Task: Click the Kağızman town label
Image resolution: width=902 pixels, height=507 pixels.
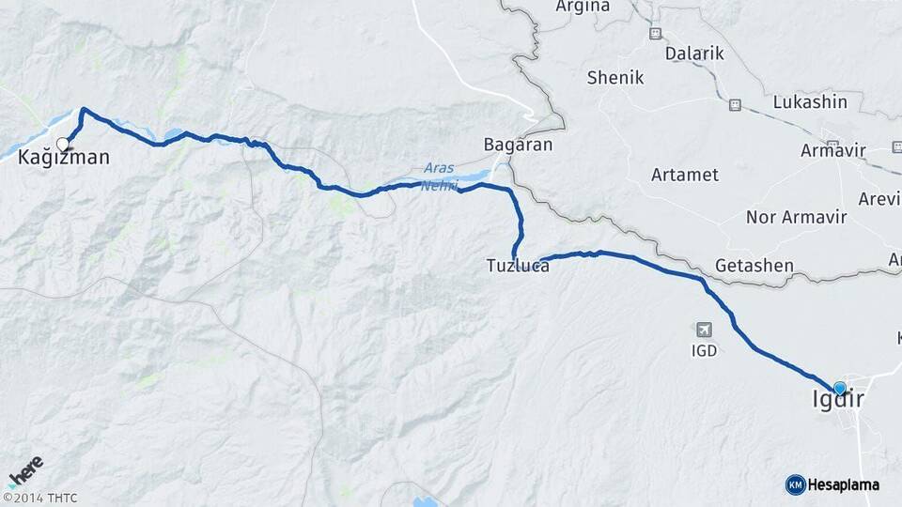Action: (x=64, y=159)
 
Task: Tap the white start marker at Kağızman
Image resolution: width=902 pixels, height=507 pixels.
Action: (x=63, y=144)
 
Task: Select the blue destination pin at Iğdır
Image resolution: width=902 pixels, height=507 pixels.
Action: (x=839, y=387)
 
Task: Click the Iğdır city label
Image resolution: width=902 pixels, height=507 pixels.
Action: (x=837, y=401)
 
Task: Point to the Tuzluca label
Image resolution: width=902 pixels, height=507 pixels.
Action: (x=518, y=267)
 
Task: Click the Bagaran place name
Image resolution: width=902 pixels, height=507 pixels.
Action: (x=517, y=146)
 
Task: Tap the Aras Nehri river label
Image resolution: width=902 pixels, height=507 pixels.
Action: (x=439, y=176)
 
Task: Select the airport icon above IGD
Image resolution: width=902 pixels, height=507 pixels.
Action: (x=704, y=330)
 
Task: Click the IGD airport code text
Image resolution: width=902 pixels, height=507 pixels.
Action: (x=704, y=351)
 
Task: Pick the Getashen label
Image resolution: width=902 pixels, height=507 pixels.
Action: (x=754, y=266)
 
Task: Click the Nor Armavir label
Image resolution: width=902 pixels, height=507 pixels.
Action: (x=796, y=218)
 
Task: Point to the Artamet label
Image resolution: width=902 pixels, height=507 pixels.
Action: (x=685, y=175)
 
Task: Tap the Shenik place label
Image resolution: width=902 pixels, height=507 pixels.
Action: (x=615, y=78)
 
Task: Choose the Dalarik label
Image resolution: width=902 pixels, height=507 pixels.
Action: (x=694, y=54)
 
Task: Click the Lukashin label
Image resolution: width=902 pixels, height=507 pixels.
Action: (x=810, y=101)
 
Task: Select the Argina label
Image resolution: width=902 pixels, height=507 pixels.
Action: (x=583, y=7)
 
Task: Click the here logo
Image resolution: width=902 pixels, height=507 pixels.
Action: (x=25, y=469)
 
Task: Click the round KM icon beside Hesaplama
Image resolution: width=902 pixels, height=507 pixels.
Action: (x=795, y=484)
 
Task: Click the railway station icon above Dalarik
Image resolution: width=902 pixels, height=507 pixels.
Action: (x=655, y=33)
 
